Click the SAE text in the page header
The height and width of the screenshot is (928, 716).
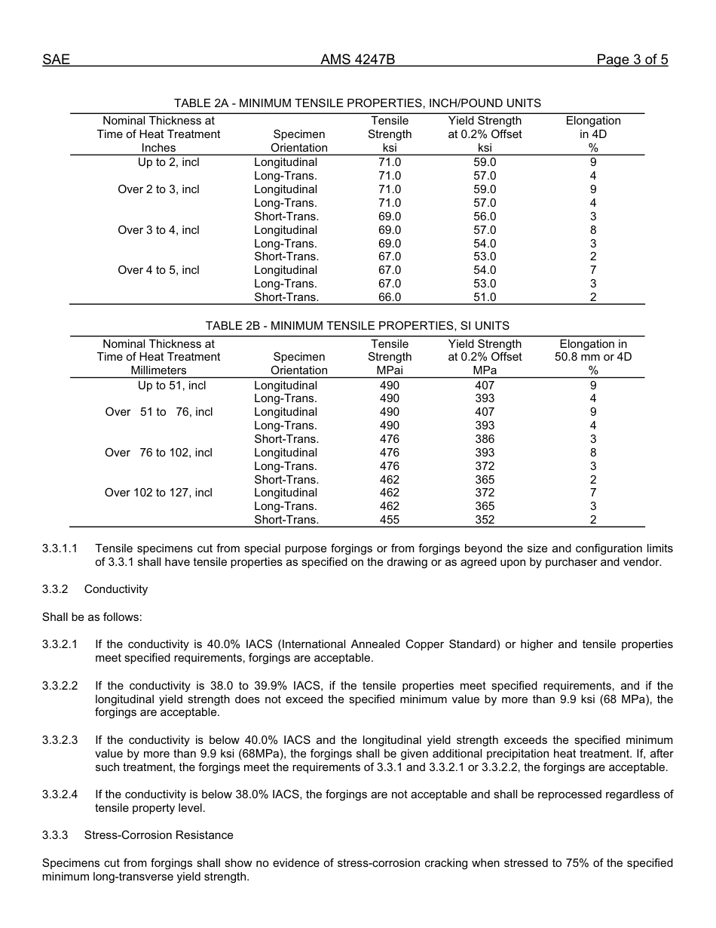(x=56, y=60)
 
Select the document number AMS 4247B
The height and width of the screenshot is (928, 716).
(x=357, y=60)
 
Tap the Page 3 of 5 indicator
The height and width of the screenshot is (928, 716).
(x=632, y=60)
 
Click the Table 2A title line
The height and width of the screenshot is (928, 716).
(x=357, y=103)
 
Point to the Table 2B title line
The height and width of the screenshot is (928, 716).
(x=357, y=326)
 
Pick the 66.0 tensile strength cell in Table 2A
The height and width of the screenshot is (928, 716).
(x=390, y=297)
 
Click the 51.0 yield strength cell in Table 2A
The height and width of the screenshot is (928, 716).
(x=485, y=297)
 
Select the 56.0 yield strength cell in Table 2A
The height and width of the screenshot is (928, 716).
(x=485, y=217)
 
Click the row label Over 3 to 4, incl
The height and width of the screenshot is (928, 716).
(x=158, y=230)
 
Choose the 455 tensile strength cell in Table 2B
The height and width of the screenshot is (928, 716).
(x=390, y=520)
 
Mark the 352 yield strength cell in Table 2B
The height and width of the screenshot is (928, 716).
(x=485, y=520)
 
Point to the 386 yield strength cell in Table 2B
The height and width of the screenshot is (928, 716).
(x=485, y=439)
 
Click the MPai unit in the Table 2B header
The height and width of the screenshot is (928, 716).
(x=390, y=370)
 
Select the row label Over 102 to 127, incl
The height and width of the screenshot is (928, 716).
(x=158, y=493)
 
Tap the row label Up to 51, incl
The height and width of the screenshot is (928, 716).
(x=171, y=386)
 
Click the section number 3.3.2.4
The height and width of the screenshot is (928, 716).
(x=60, y=794)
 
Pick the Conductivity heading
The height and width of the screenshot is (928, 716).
(x=115, y=589)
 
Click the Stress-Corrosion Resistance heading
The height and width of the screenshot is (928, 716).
(x=158, y=835)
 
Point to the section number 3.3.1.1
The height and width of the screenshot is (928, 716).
(x=60, y=549)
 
